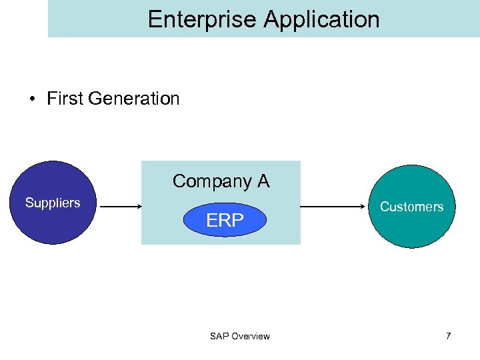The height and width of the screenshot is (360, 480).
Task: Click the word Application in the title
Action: tap(321, 20)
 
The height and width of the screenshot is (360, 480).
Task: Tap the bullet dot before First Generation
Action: tap(32, 99)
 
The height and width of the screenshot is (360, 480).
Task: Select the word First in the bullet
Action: tap(65, 99)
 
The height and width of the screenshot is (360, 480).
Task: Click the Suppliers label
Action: tap(53, 203)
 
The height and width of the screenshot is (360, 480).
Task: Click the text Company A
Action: tap(221, 181)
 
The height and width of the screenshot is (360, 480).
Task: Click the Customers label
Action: tap(411, 207)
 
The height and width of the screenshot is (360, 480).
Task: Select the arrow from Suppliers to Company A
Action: tap(120, 207)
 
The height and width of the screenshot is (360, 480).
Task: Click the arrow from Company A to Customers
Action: tap(333, 207)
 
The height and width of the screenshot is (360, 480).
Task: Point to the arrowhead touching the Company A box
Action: tap(137, 207)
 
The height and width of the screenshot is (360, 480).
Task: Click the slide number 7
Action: tap(449, 336)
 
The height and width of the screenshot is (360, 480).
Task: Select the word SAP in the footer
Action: tap(219, 336)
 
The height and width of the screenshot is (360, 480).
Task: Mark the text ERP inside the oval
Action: tap(225, 221)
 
